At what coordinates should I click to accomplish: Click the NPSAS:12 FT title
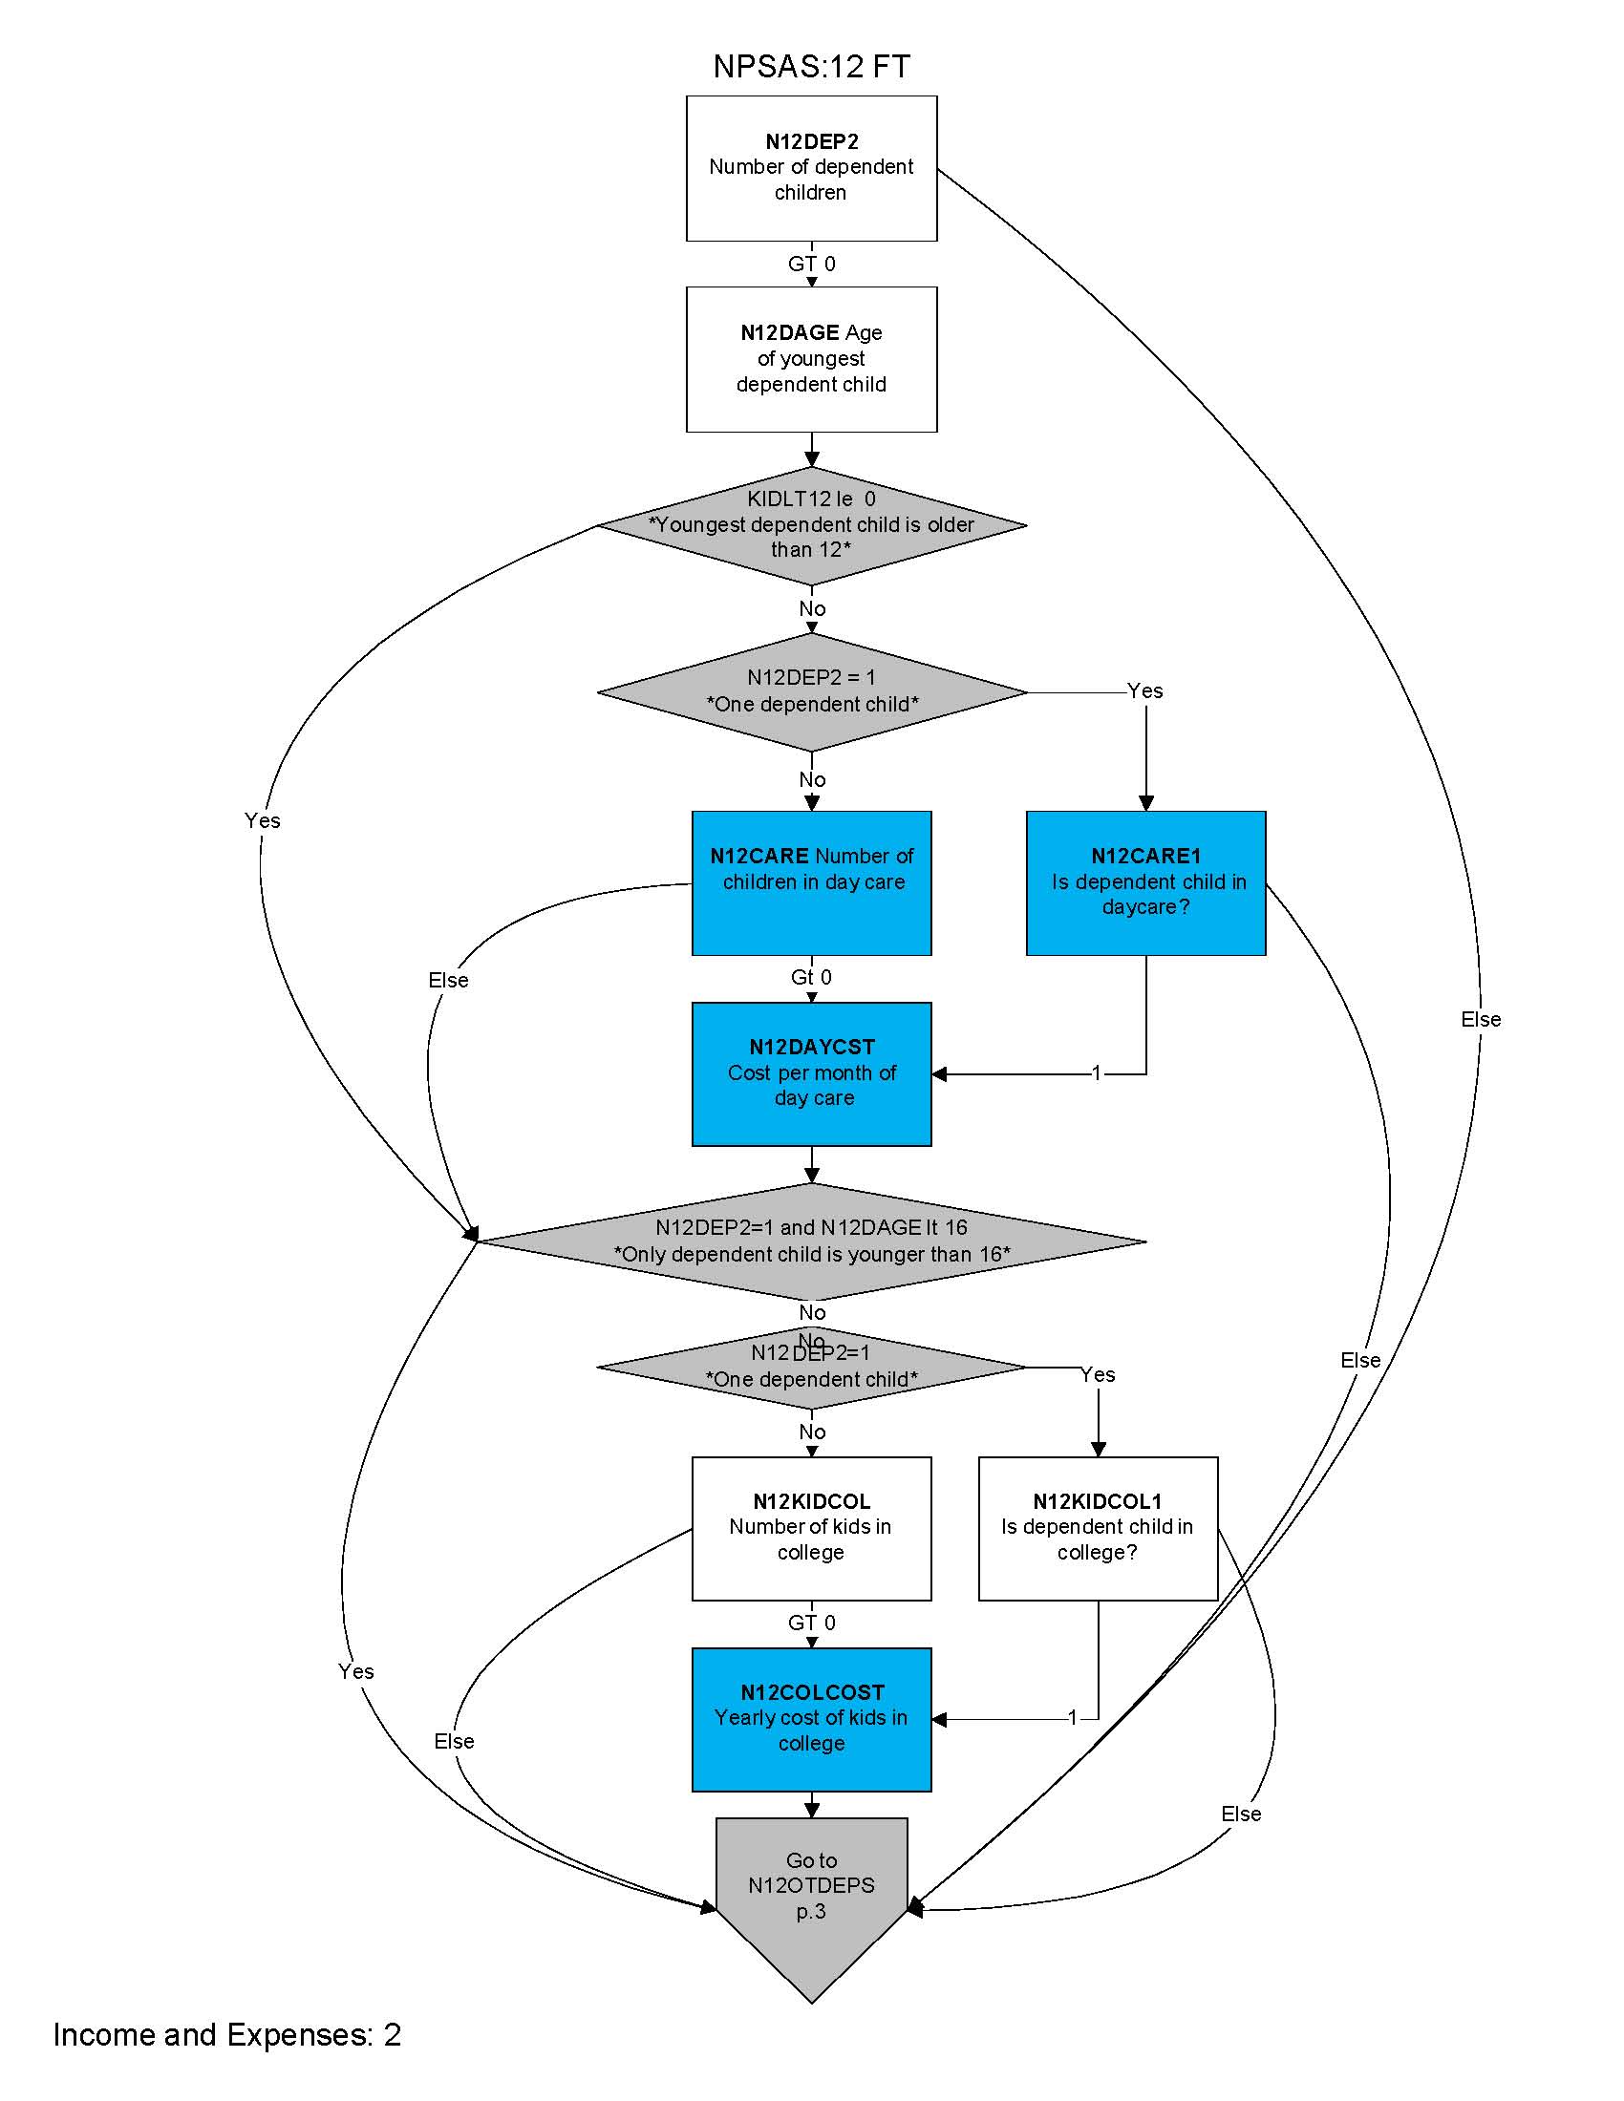coord(811,67)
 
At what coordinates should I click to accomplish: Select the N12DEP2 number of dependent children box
coord(811,167)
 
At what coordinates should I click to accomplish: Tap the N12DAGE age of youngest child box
coord(811,359)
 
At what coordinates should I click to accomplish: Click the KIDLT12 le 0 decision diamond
coord(811,525)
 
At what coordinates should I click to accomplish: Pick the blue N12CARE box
coord(811,882)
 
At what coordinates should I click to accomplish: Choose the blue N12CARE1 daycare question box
coord(1144,882)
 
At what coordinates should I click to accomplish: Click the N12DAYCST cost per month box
coord(811,1073)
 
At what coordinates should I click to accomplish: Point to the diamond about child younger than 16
coord(811,1241)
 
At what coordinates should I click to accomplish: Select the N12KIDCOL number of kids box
coord(811,1528)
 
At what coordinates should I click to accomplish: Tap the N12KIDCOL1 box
coord(1098,1528)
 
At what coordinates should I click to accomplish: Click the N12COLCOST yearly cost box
coord(811,1719)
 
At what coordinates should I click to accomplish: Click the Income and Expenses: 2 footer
coord(227,2034)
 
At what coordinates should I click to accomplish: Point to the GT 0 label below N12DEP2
coord(811,264)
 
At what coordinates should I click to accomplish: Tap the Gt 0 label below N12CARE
coord(811,977)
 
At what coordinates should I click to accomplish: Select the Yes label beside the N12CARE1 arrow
coord(1144,690)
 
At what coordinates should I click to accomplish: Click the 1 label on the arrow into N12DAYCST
coord(1096,1072)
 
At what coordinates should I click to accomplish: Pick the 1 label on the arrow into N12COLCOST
coord(1073,1718)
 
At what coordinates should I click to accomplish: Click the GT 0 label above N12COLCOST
coord(811,1623)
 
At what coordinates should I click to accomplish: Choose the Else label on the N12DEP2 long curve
coord(1480,1020)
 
